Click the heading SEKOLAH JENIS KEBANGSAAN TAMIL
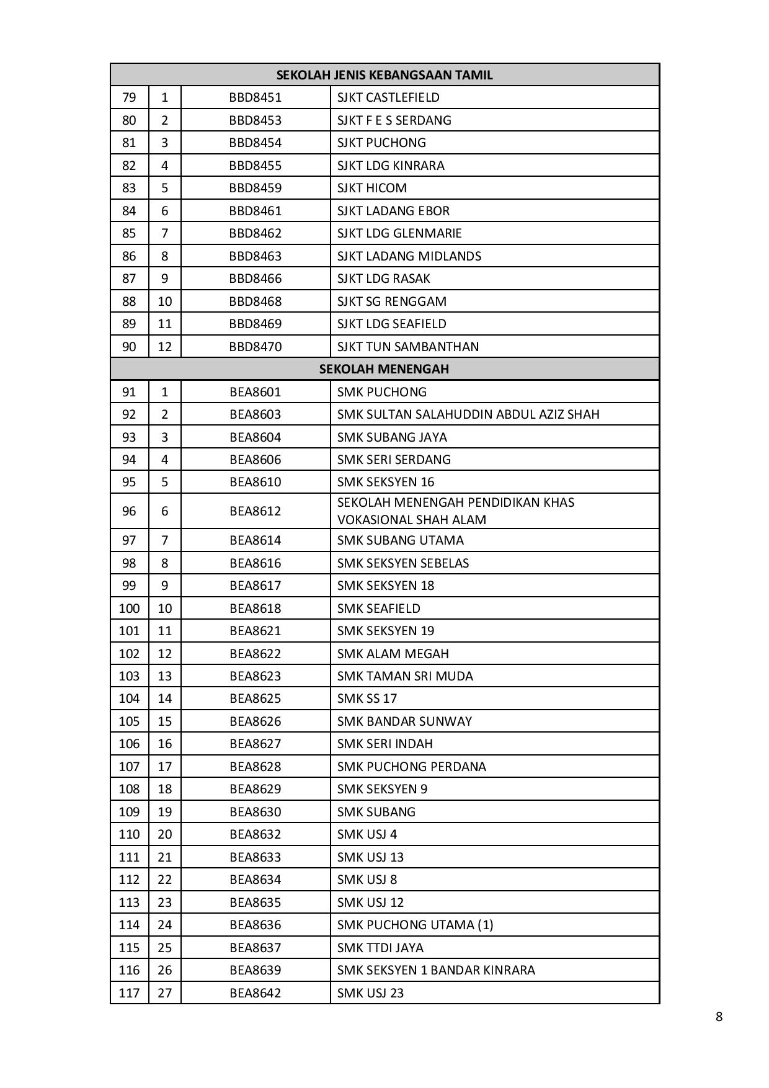coord(384,75)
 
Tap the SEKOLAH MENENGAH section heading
coord(384,369)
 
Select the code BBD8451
coord(255,97)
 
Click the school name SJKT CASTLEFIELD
coord(388,97)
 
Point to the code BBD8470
coord(255,347)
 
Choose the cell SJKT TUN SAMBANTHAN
coord(408,347)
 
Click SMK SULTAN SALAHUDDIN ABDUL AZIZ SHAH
coord(468,414)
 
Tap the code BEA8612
coord(255,511)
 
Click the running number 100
coord(129,609)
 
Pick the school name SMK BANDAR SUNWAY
coord(404,721)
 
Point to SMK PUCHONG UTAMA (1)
coord(415,925)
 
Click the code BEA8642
coord(255,993)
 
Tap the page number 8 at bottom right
coord(719,1017)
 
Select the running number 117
coord(129,993)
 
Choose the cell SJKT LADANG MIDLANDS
coord(409,256)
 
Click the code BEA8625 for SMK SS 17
coord(255,698)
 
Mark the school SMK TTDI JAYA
coord(380,948)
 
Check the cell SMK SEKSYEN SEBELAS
coord(403,563)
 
